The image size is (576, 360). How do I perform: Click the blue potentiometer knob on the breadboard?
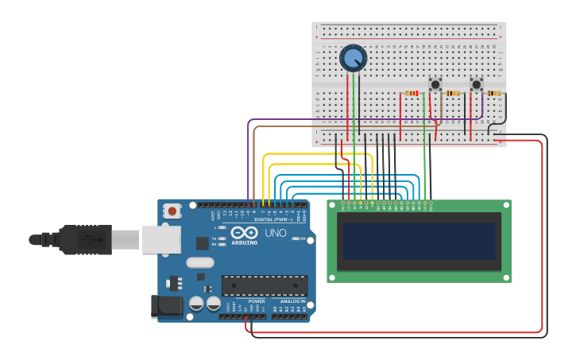pyautogui.click(x=353, y=59)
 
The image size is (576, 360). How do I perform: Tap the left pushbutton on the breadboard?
pyautogui.click(x=435, y=83)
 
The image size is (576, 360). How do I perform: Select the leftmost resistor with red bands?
pyautogui.click(x=412, y=93)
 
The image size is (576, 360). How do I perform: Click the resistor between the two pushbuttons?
pyautogui.click(x=453, y=93)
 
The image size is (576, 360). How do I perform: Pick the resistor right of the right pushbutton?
pyautogui.click(x=494, y=93)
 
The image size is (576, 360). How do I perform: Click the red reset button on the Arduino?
pyautogui.click(x=172, y=211)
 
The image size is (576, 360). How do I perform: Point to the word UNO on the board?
pyautogui.click(x=275, y=233)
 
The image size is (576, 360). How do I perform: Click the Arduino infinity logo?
pyautogui.click(x=245, y=232)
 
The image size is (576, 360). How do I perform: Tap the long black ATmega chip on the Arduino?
pyautogui.click(x=265, y=285)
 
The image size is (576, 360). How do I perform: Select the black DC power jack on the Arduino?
pyautogui.click(x=162, y=306)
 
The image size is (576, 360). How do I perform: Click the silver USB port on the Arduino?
pyautogui.click(x=162, y=239)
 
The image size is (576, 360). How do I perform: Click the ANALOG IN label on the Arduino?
pyautogui.click(x=292, y=301)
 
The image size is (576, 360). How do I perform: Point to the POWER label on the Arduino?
pyautogui.click(x=257, y=301)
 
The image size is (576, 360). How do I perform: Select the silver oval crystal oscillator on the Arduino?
pyautogui.click(x=200, y=262)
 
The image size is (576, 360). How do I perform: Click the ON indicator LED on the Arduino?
pyautogui.click(x=296, y=238)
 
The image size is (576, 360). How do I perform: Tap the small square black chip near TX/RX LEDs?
pyautogui.click(x=203, y=243)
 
